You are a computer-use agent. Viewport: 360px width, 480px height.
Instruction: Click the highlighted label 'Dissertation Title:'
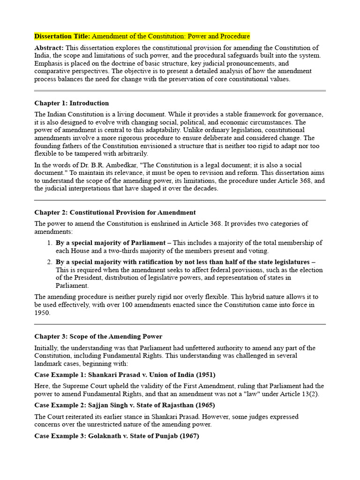click(x=62, y=36)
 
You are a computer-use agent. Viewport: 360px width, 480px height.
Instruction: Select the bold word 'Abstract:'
click(x=49, y=48)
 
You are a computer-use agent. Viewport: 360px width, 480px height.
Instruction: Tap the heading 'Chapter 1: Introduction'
click(x=71, y=103)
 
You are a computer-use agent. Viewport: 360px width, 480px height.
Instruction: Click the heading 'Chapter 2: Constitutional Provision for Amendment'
click(x=115, y=212)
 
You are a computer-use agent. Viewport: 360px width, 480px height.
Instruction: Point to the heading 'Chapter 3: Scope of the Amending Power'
click(x=98, y=337)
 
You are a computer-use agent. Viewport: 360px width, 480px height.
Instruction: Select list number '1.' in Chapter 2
click(x=49, y=243)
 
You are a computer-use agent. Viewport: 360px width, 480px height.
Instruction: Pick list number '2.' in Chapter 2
click(x=49, y=262)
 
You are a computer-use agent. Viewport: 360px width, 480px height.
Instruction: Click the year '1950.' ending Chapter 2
click(x=42, y=313)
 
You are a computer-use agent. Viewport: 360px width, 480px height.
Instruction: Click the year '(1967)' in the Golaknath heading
click(x=187, y=435)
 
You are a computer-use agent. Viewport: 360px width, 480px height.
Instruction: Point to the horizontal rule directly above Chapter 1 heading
click(x=180, y=90)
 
